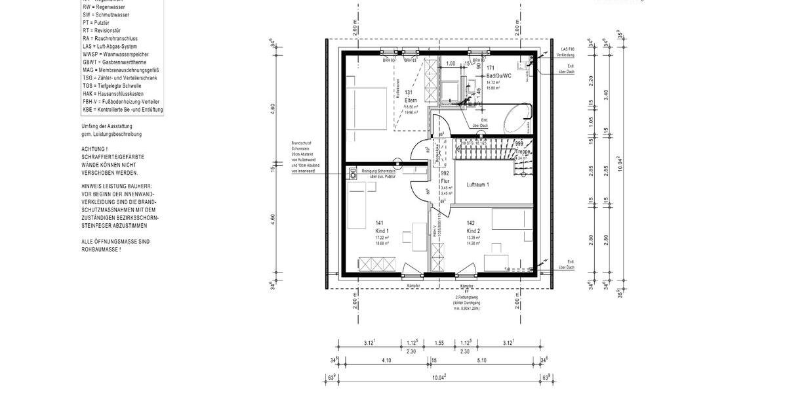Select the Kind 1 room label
[x=382, y=230]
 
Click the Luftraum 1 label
[x=478, y=185]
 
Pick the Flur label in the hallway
[x=445, y=181]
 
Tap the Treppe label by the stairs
[x=522, y=151]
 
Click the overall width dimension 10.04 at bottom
[x=439, y=377]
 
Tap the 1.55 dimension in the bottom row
[x=439, y=343]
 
